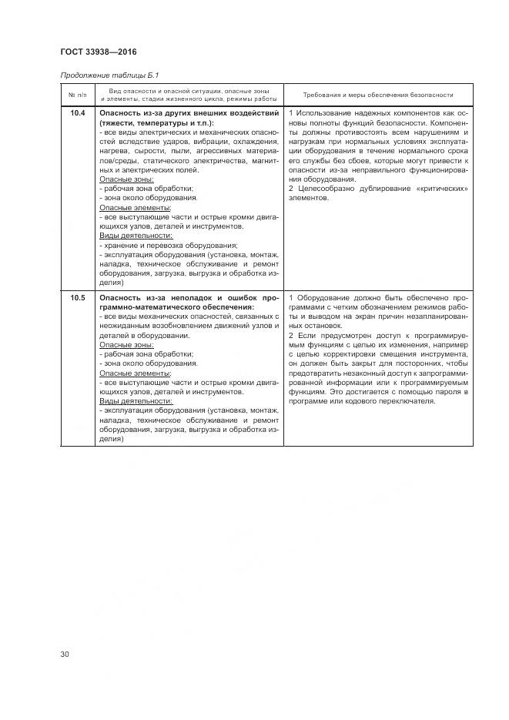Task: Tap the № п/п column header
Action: (x=78, y=95)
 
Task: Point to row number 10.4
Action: (x=78, y=114)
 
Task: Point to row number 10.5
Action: (x=78, y=298)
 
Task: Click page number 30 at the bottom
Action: (x=65, y=655)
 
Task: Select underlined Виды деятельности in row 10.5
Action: (x=136, y=401)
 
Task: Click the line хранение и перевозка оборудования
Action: (x=169, y=245)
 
